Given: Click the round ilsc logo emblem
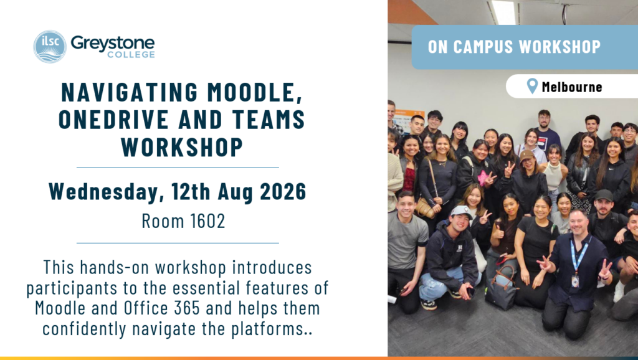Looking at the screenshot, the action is click(x=50, y=46).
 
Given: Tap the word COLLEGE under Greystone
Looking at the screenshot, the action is click(x=131, y=55).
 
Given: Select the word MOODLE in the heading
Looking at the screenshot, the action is click(x=255, y=92).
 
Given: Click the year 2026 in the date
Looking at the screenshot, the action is click(x=283, y=191).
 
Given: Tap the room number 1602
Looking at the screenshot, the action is click(x=207, y=221).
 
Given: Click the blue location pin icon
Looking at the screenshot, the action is click(x=532, y=86).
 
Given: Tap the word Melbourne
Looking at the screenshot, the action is click(x=572, y=87).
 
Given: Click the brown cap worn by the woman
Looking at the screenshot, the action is click(x=526, y=155).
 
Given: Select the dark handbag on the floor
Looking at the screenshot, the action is click(x=502, y=288).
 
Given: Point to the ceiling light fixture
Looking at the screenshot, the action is click(x=503, y=11).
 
